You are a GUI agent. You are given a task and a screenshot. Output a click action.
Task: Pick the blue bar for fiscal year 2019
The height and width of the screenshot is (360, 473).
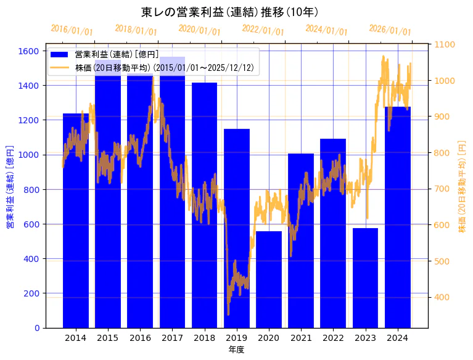tap(237, 228)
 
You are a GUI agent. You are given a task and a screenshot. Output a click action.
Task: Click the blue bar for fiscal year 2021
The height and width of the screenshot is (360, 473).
tap(301, 240)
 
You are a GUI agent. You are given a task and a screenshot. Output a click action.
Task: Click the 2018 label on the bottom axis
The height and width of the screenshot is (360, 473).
tap(204, 338)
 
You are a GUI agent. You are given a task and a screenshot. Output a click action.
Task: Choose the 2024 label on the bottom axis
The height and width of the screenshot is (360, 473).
tap(397, 338)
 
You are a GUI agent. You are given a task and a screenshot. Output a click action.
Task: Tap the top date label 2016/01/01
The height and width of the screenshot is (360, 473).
tap(72, 30)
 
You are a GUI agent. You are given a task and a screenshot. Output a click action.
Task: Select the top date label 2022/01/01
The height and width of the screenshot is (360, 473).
tap(263, 30)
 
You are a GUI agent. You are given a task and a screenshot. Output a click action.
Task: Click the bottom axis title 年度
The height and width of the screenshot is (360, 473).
tap(236, 350)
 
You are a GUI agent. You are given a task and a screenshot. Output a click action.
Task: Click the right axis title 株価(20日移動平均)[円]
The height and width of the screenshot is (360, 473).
tap(462, 187)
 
